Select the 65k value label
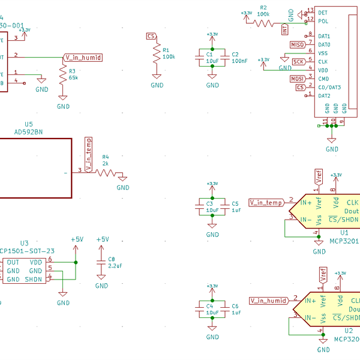73,77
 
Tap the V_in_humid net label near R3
83,58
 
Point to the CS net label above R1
151,37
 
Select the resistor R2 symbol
263,23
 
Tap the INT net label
284,27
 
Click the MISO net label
298,44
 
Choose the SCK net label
298,62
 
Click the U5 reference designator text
29,124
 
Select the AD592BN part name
28,132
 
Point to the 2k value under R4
106,163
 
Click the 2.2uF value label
115,265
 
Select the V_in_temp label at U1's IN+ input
266,203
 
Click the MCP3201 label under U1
344,241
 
